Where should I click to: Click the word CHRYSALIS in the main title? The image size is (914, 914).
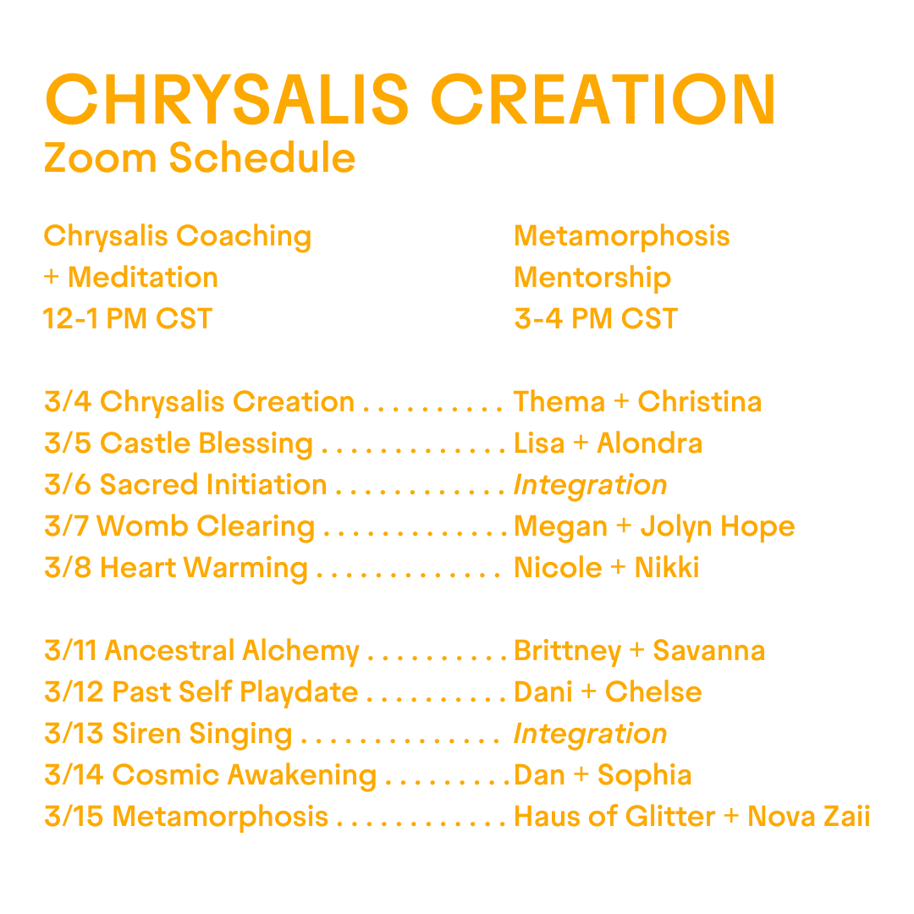[228, 100]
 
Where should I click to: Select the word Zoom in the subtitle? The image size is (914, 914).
[100, 158]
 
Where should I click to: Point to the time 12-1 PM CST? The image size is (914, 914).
[128, 319]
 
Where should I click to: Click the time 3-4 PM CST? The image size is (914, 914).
[596, 319]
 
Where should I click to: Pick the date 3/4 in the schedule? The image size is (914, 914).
[68, 402]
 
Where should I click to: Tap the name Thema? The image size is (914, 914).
[559, 402]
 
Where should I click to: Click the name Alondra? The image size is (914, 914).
[649, 443]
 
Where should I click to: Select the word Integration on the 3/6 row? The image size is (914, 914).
[590, 485]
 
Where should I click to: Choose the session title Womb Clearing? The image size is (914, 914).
[206, 526]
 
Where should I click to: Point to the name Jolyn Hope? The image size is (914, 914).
[718, 526]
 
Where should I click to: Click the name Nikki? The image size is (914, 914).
[667, 568]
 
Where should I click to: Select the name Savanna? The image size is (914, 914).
[709, 651]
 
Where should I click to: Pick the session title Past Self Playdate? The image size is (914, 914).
[235, 692]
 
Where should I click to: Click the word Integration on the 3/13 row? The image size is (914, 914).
[590, 734]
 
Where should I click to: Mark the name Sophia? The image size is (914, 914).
[645, 775]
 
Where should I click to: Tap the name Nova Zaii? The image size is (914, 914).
[808, 817]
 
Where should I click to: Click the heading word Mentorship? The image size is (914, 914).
[592, 278]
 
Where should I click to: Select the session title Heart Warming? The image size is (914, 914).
[204, 568]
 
